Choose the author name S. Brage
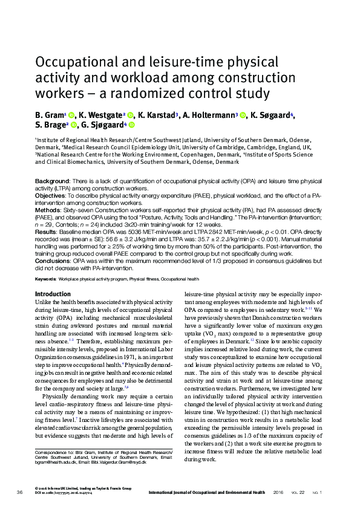(x=51, y=125)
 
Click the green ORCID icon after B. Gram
(x=71, y=114)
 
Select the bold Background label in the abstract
(x=51, y=181)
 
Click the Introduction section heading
(x=53, y=294)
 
